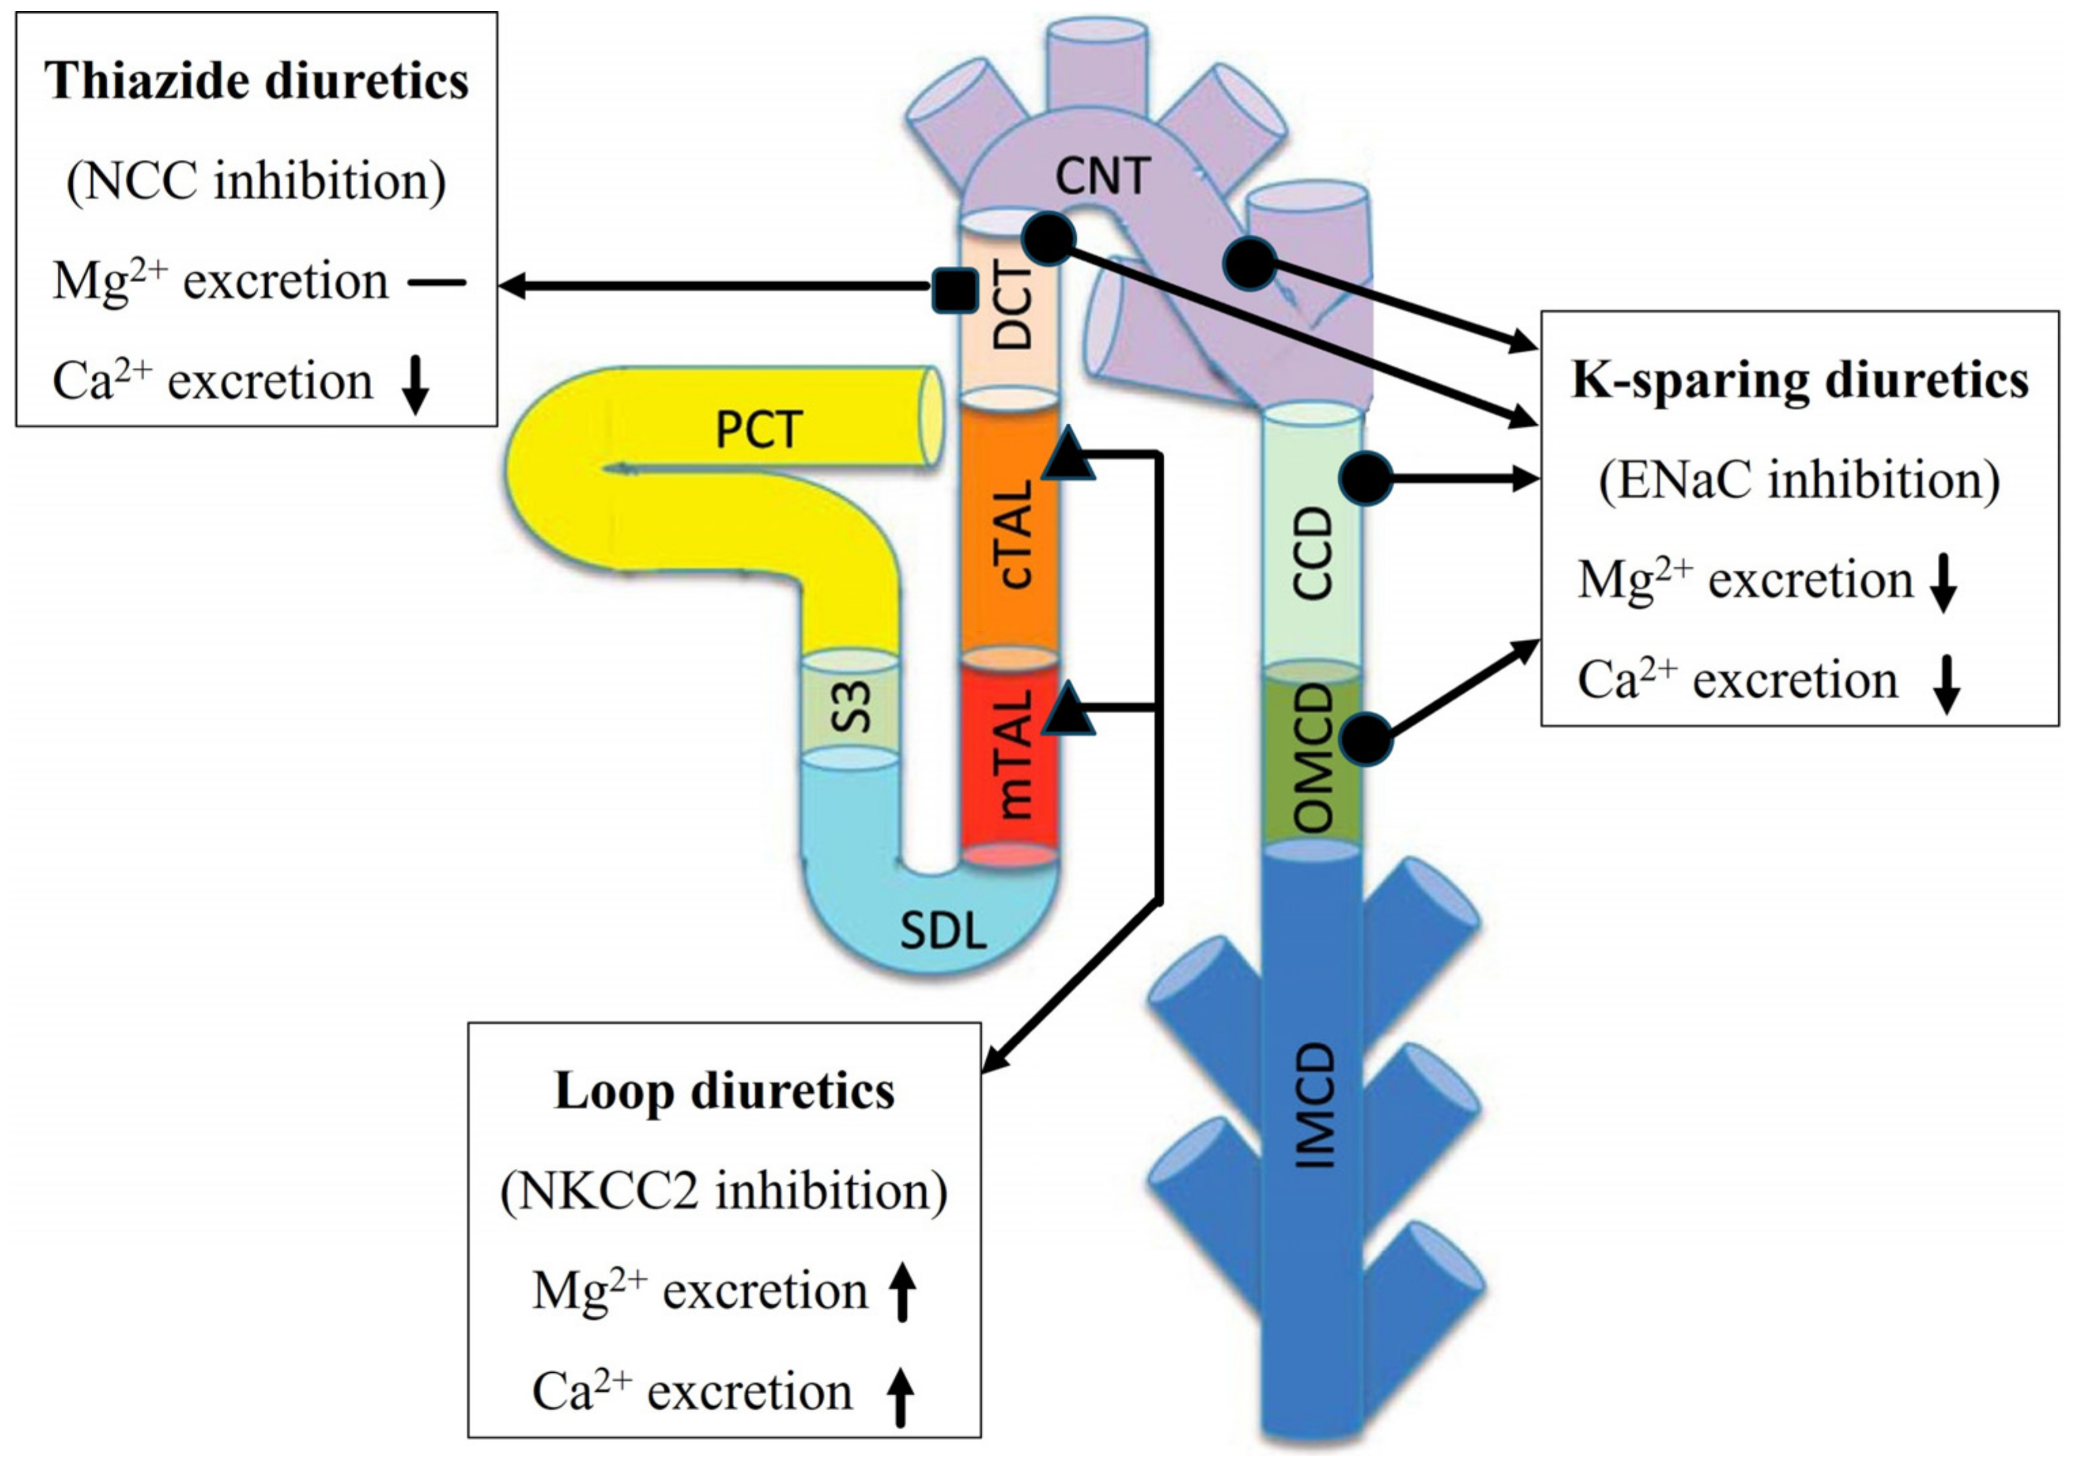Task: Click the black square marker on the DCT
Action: (955, 290)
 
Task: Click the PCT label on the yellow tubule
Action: (759, 430)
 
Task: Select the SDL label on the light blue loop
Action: (942, 930)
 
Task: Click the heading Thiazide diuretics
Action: (256, 82)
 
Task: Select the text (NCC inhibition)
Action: (256, 182)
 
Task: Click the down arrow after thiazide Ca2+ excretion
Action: (416, 384)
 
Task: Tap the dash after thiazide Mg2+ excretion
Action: (436, 283)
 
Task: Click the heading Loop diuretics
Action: (724, 1091)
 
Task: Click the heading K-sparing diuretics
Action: (1799, 381)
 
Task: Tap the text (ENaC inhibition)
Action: (1799, 480)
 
